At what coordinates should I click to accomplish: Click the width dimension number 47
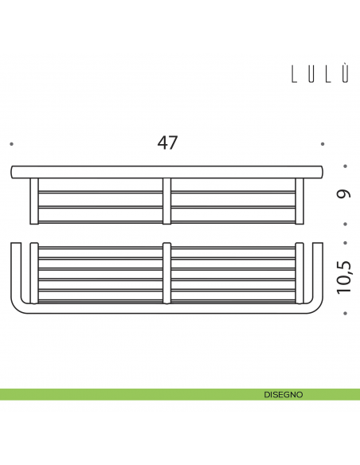point(167,143)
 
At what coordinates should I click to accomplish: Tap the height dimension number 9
point(345,193)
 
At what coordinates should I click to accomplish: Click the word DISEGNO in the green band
point(283,394)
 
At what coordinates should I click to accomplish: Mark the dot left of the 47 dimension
point(11,144)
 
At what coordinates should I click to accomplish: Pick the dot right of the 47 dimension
point(323,144)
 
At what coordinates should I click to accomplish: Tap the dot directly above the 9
point(345,167)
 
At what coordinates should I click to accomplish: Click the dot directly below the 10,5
point(345,314)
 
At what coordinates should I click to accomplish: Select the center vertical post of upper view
point(166,201)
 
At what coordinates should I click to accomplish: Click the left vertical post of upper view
point(34,201)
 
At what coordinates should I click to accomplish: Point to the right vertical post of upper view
point(299,201)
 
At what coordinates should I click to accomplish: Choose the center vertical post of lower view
point(166,273)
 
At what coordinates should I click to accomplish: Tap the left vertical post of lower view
point(34,273)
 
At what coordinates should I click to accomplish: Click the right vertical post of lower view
point(299,273)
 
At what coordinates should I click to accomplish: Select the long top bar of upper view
point(166,171)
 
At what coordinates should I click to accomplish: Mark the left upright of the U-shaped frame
point(15,271)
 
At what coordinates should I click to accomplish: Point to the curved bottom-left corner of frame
point(18,306)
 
